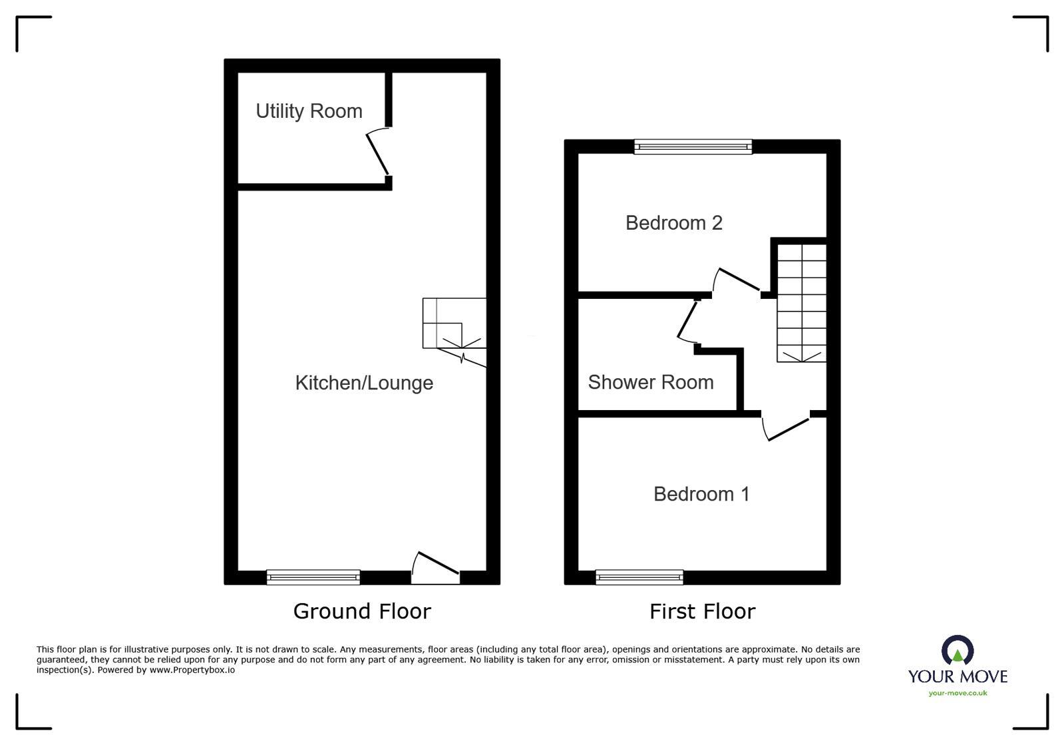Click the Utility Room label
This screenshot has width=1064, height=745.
click(309, 111)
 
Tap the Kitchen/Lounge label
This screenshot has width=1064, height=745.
click(364, 383)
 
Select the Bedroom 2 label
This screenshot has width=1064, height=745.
click(673, 223)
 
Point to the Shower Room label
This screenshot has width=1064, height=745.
click(651, 382)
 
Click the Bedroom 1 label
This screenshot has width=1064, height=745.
click(701, 494)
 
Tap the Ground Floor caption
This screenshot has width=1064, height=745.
click(362, 611)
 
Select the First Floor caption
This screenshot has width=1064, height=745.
click(702, 611)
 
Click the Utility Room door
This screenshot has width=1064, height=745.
click(378, 154)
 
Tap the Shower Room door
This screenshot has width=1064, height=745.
click(687, 320)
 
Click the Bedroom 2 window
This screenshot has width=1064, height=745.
click(693, 147)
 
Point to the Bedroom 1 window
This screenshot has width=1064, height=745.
click(639, 577)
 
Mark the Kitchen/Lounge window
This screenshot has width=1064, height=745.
click(313, 577)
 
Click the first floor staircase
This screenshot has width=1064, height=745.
click(802, 303)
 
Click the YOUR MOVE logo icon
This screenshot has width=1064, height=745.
click(958, 650)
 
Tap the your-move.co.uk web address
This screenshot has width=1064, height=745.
click(958, 693)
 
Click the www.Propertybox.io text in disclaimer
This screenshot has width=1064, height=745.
click(192, 670)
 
